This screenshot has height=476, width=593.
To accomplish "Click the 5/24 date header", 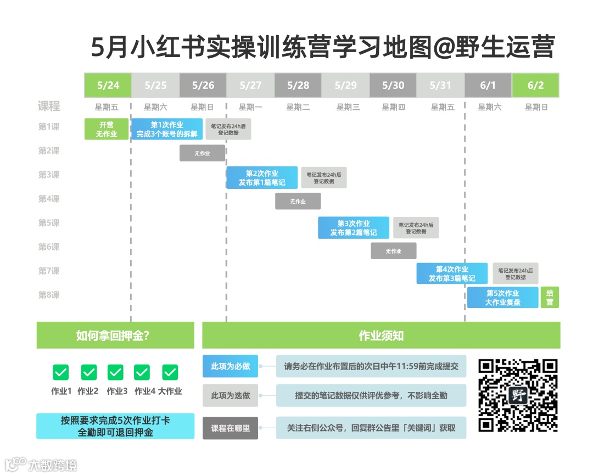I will point(108,85).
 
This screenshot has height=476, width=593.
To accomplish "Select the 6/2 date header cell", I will point(535,85).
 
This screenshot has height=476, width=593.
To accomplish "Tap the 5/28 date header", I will point(298,85).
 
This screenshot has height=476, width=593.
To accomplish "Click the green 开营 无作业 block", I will point(107,129).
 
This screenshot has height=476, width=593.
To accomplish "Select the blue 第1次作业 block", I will point(167,129).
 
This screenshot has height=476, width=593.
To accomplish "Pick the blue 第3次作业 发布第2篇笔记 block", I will point(354,228).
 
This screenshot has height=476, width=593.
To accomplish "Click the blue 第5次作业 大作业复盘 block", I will point(502,298).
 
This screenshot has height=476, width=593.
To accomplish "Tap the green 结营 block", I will point(550,298).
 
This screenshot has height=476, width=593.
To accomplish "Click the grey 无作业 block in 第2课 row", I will point(202,153).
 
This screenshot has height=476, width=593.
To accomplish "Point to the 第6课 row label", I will point(49,247).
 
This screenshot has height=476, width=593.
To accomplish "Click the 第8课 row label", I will point(49,295).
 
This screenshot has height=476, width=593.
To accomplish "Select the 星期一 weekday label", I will point(250,107).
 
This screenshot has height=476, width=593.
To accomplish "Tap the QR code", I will point(518,395).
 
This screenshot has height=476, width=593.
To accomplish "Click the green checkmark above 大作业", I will point(170,372).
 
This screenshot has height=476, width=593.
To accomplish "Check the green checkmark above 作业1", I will point(61,372).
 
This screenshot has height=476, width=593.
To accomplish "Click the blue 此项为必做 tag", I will point(230,366).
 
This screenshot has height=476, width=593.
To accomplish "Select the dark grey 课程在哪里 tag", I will point(230,428).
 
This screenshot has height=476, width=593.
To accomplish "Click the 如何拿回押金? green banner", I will point(115,335).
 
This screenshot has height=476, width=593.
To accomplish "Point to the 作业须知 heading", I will point(381,335).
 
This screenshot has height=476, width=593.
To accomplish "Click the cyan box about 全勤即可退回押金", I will point(115,426).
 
